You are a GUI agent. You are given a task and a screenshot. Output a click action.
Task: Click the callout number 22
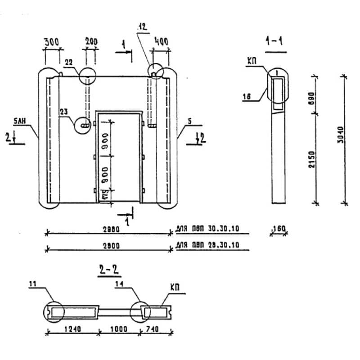point(69,63)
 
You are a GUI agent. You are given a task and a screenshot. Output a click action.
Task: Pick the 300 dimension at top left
point(51,42)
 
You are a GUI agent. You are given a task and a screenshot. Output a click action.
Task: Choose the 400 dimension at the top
point(161,42)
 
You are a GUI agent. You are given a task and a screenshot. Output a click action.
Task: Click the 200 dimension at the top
point(91,42)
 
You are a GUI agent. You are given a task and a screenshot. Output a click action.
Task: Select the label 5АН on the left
point(20,121)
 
